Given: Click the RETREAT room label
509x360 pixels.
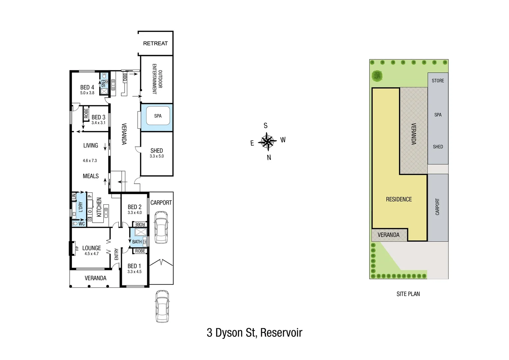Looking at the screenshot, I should click(x=155, y=43).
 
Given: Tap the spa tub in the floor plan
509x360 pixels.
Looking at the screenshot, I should click(x=158, y=116).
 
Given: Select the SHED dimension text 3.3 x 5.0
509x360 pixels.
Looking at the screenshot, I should click(x=157, y=156).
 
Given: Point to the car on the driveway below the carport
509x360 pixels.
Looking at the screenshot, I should click(x=162, y=306).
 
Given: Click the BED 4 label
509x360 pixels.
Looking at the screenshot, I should click(x=87, y=87).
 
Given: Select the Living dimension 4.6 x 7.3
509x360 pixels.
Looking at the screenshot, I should click(x=90, y=161).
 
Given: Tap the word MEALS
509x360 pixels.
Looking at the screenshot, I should click(x=91, y=176).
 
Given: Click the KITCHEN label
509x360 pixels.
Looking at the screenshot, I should click(x=99, y=207).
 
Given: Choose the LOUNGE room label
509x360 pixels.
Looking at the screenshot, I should click(x=92, y=248).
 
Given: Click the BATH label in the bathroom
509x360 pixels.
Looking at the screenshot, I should click(x=137, y=242).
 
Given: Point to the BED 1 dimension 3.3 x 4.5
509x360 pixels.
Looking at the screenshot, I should click(x=134, y=272).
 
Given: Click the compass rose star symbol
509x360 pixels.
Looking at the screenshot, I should click(x=267, y=141).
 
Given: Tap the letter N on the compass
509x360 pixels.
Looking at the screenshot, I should click(x=269, y=158).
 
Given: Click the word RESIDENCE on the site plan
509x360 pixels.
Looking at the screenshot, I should click(x=399, y=199).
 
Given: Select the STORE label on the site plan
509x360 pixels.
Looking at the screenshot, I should click(x=438, y=81).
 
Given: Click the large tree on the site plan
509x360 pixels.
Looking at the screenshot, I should click(x=377, y=76).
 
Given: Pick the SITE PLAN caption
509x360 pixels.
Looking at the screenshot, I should click(x=408, y=294).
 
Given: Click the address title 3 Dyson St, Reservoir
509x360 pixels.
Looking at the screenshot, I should click(x=254, y=333).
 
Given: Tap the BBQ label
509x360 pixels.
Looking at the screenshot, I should click(x=125, y=78).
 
